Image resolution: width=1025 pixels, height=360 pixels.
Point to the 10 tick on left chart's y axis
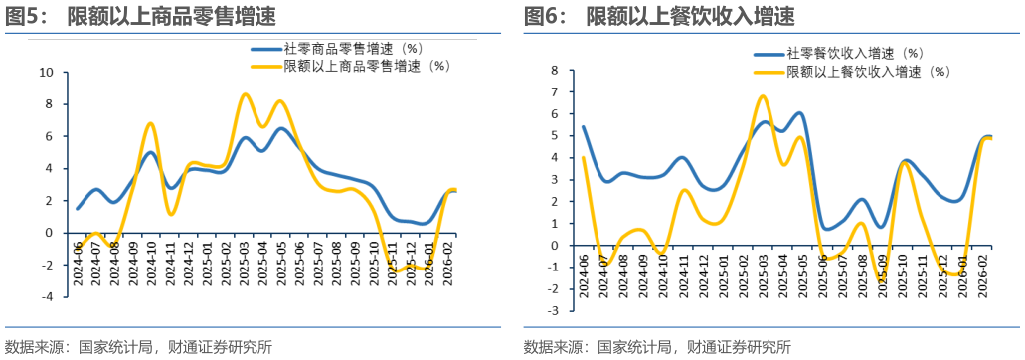click(x=46, y=72)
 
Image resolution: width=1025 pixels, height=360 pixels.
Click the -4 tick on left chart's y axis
click(x=46, y=296)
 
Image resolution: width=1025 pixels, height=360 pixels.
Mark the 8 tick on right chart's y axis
click(x=556, y=71)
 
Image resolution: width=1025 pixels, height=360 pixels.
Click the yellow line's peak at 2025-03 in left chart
click(x=245, y=94)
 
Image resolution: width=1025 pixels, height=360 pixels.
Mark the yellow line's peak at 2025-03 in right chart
click(x=762, y=96)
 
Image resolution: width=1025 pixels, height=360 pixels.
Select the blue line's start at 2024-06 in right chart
click(x=584, y=126)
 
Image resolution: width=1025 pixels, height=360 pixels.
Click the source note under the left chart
click(x=138, y=347)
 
